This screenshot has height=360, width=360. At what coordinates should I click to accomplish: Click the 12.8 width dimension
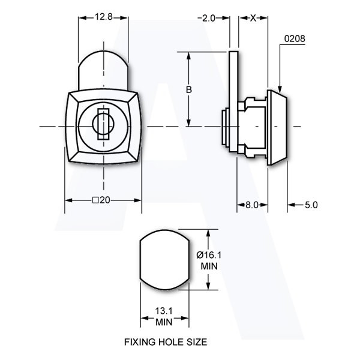point(104,17)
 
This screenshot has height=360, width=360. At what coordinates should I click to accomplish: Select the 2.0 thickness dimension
point(209,18)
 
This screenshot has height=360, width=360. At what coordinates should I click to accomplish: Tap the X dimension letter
point(253,18)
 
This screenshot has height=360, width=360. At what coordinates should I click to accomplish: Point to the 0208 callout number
point(295,38)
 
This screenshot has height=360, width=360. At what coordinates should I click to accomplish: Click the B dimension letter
point(189,89)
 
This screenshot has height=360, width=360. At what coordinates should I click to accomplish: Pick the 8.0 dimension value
point(252,205)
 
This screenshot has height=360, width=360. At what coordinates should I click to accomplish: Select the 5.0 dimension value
point(311,205)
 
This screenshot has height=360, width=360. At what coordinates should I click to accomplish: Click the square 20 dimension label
point(101,200)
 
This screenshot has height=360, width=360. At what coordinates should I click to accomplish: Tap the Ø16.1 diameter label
point(209,255)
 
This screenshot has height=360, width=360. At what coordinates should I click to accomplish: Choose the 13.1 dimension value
point(164,311)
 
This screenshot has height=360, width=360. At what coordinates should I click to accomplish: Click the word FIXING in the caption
point(140,342)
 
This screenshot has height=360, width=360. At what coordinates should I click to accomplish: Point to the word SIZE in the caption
point(197,342)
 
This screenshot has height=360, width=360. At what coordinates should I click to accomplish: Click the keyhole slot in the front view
point(103,124)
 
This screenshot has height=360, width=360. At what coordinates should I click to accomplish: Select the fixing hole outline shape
point(164,260)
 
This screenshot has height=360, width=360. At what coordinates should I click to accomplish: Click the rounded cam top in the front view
point(103,70)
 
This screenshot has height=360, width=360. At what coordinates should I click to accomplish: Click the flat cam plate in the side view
point(233,101)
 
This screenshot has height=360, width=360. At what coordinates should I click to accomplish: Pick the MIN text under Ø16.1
point(209,266)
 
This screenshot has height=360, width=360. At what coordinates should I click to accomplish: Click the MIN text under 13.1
point(164,322)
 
